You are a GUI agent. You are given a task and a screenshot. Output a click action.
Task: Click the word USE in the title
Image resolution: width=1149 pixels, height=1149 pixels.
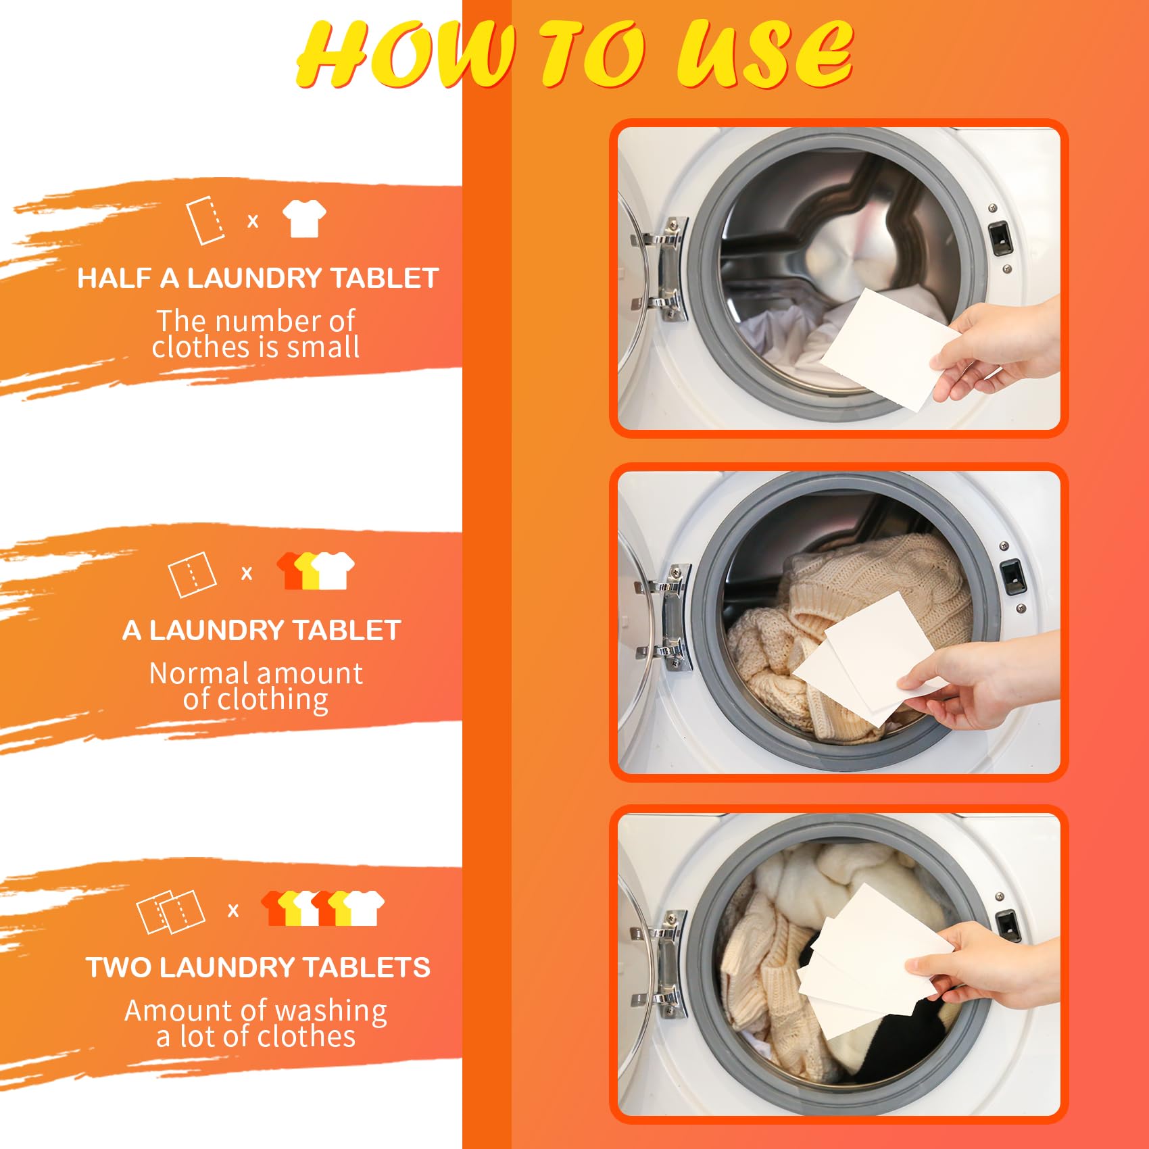pos(764,54)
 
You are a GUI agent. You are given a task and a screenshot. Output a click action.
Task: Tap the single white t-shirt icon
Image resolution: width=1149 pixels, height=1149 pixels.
pos(304,218)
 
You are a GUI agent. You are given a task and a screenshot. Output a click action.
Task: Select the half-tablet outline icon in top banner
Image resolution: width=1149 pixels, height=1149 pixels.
pos(205,220)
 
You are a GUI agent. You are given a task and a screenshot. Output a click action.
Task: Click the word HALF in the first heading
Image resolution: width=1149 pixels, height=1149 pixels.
pos(114,278)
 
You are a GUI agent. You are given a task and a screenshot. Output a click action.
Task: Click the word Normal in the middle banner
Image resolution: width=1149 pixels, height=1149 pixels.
pos(199,673)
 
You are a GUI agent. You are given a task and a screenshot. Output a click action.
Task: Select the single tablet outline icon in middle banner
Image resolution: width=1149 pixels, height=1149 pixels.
pos(192,574)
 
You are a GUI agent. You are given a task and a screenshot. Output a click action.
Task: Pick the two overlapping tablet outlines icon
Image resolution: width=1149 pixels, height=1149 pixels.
pos(170,912)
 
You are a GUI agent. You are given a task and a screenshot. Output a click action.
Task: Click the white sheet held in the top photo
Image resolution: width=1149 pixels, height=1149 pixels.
pos(885,348)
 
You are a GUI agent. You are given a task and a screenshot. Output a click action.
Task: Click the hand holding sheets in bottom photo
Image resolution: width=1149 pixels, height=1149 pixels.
pos(987,967)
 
